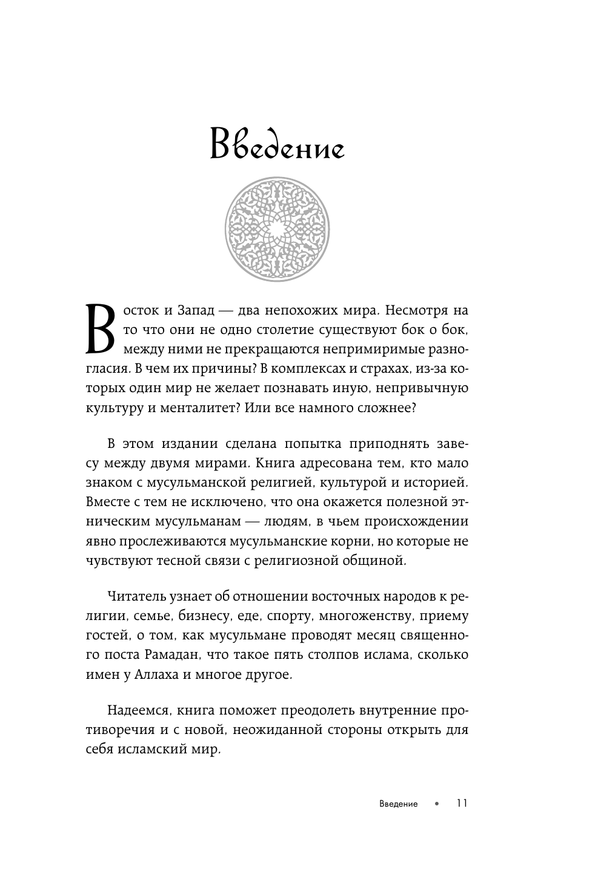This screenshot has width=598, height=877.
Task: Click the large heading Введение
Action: point(277,145)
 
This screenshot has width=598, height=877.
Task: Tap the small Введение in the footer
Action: point(397,804)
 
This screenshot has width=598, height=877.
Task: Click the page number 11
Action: point(461,804)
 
